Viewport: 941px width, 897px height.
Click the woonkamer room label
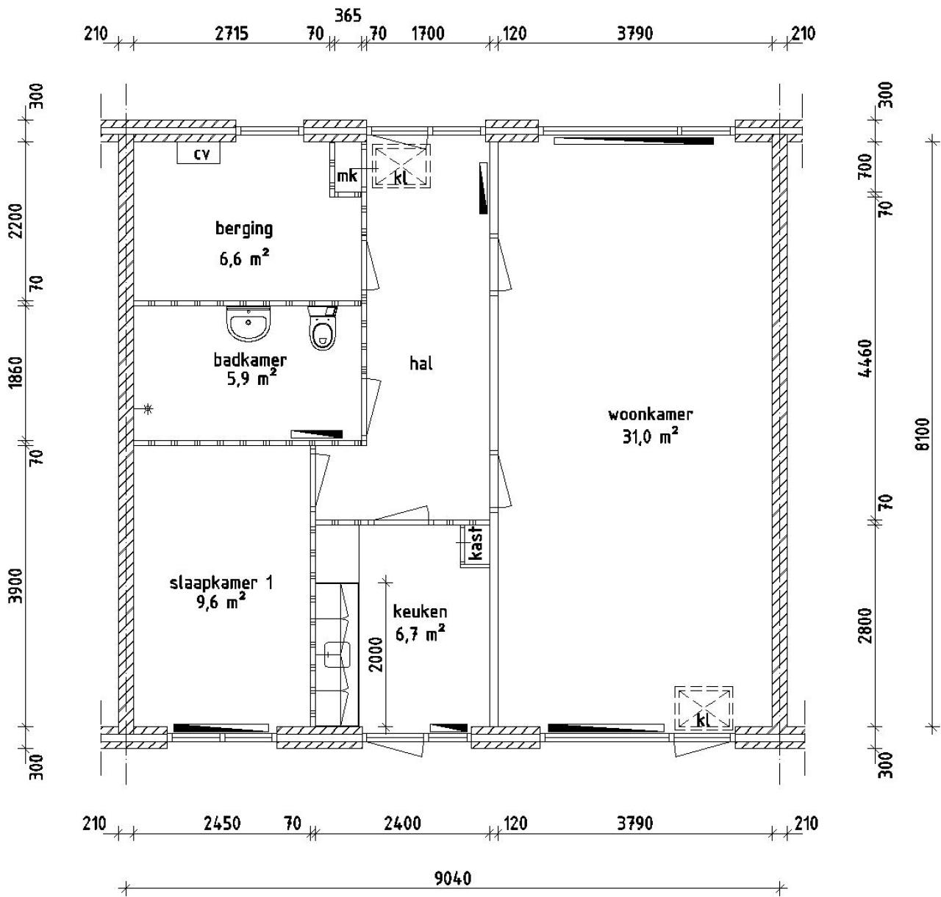650,414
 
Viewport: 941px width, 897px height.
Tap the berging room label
243,228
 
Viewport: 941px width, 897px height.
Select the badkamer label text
250,360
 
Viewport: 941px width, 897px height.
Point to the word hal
421,363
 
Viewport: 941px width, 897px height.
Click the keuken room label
420,611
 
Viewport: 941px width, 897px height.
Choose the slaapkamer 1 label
221,583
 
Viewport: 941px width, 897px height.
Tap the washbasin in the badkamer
249,324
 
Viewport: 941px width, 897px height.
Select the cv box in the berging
199,154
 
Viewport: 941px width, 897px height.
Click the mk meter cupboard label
346,176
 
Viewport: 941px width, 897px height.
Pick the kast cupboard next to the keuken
475,544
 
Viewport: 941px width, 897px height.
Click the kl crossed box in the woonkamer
704,708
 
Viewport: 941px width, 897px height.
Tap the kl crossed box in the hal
400,167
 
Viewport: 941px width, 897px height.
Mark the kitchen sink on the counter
337,654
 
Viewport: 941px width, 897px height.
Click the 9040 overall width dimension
453,878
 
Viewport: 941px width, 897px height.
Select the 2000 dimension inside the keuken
376,654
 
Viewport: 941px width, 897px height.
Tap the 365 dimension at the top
348,16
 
